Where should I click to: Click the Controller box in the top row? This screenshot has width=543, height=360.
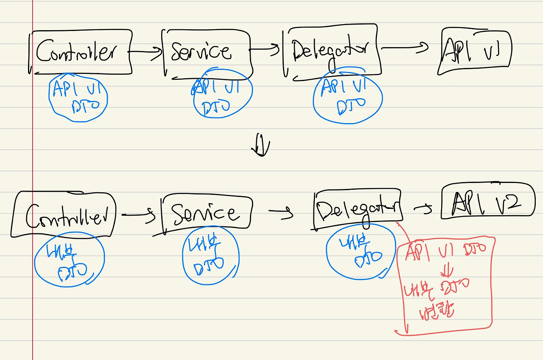[81, 52]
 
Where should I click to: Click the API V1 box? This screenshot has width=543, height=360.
[475, 51]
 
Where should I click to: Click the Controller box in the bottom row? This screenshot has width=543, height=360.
[64, 214]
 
